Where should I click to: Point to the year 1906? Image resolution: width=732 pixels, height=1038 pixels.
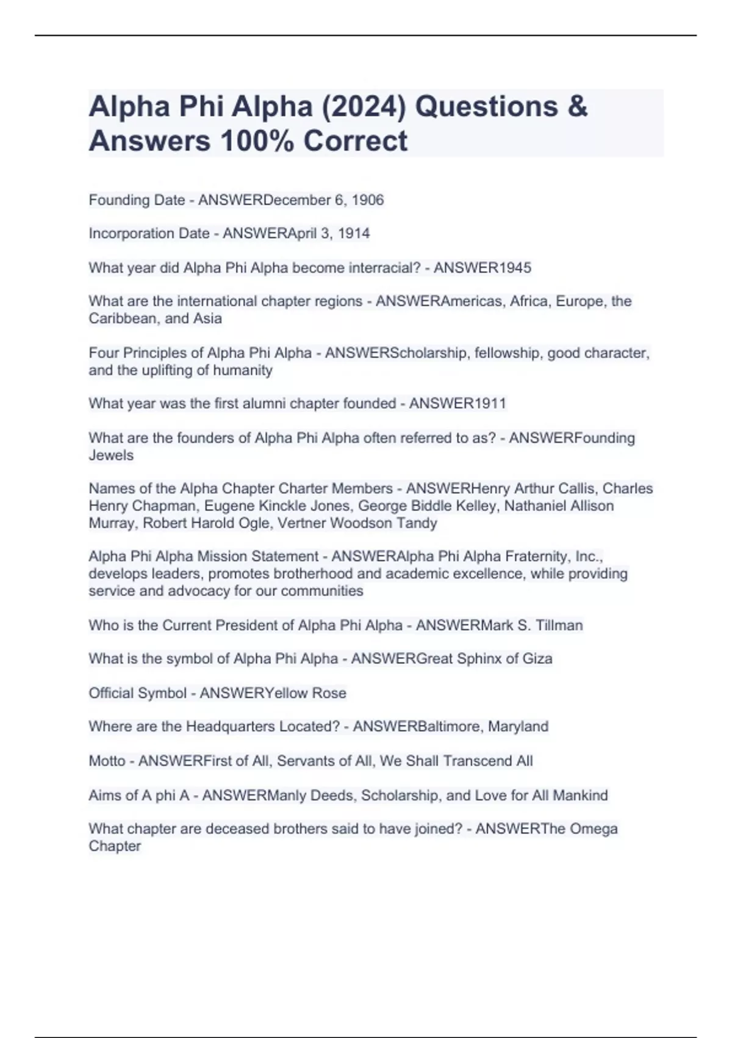point(368,200)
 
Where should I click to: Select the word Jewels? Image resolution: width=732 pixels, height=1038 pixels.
point(111,455)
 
